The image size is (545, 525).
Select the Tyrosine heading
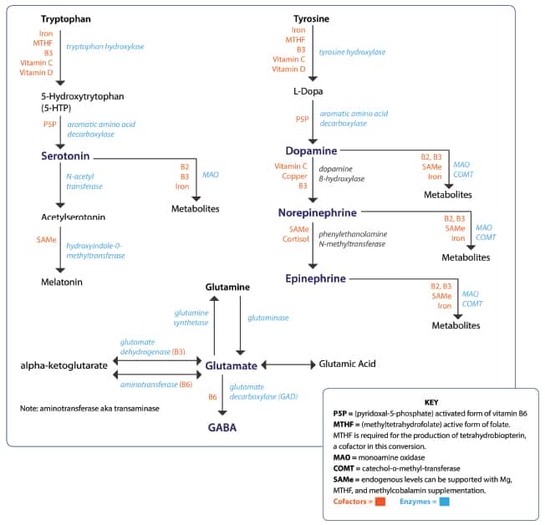[x=311, y=18]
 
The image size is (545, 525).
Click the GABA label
[x=222, y=427]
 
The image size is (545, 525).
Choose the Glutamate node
[x=227, y=365]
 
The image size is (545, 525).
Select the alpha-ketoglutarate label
[x=64, y=365]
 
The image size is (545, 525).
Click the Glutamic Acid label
[x=348, y=364]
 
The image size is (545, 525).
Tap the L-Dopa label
[x=308, y=90]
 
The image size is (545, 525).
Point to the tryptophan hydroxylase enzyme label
[x=105, y=46]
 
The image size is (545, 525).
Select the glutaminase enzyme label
[x=268, y=318]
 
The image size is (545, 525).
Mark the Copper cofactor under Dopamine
[x=295, y=176]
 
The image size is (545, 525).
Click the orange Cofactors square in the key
[x=380, y=502]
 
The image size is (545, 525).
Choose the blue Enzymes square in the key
[x=445, y=502]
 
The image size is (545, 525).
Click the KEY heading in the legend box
[x=431, y=402]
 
